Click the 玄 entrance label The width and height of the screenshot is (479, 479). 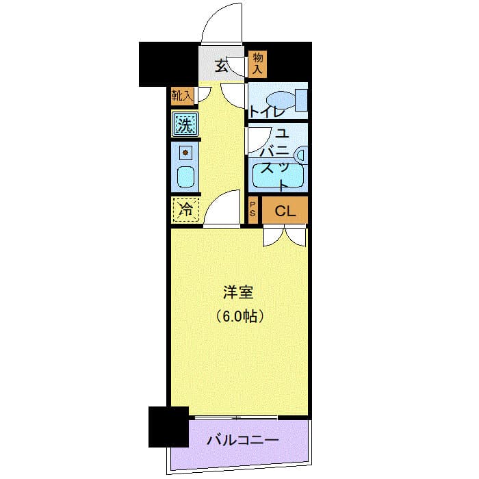(221, 66)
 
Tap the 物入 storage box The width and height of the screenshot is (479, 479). (257, 63)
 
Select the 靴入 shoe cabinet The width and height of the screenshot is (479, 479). (182, 96)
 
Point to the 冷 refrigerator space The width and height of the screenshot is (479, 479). (185, 210)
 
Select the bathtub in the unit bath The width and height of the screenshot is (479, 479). (277, 175)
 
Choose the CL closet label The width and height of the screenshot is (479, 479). (285, 211)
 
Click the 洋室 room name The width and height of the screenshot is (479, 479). (238, 293)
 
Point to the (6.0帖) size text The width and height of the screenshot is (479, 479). (239, 316)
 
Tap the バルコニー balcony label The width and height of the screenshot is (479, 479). (242, 439)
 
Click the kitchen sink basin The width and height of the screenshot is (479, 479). (185, 177)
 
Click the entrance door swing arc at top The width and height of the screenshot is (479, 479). (223, 24)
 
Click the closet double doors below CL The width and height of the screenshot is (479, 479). (285, 235)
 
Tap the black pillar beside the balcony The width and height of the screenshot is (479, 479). (168, 426)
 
